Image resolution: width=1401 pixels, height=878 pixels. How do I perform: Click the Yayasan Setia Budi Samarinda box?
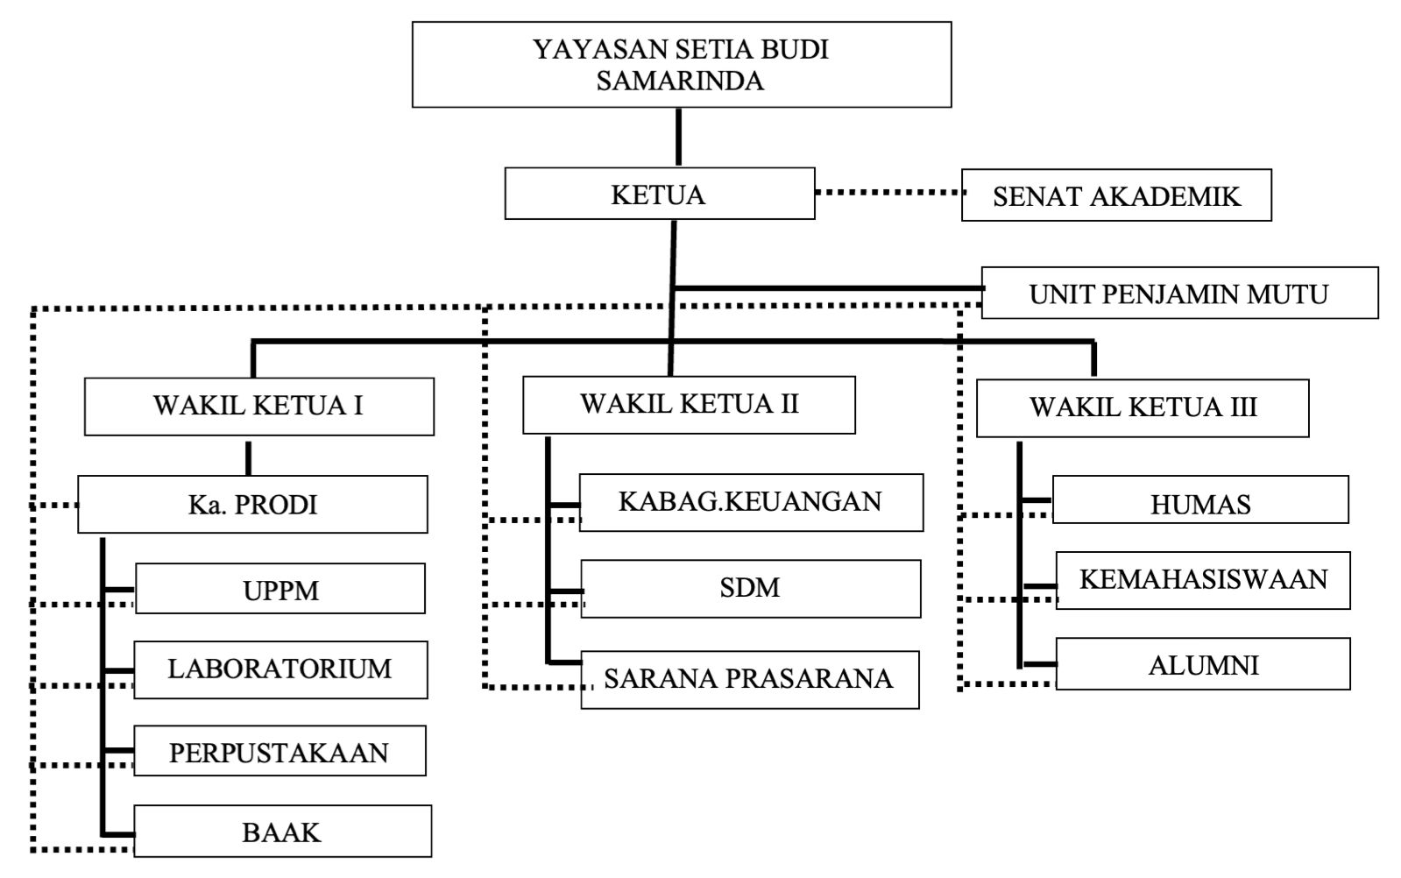click(x=681, y=65)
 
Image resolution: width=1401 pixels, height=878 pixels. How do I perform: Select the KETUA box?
click(x=659, y=194)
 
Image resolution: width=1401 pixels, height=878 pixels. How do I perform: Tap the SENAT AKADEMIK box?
click(x=1115, y=195)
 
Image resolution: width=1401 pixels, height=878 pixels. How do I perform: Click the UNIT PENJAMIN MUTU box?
click(x=1178, y=293)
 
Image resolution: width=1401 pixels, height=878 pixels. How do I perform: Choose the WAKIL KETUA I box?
click(x=258, y=407)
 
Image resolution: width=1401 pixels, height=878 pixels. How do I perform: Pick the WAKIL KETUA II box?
click(x=689, y=405)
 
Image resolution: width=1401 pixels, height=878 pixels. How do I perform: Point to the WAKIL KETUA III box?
click(x=1142, y=408)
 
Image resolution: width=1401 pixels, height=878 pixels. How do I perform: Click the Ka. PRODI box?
click(x=252, y=505)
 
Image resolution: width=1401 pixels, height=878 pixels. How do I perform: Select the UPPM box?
click(x=280, y=589)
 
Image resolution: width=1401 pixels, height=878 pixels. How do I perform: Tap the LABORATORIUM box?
click(x=280, y=669)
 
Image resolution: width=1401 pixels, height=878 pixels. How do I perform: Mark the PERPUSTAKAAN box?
click(x=279, y=751)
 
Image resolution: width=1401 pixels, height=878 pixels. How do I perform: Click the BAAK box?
click(x=282, y=831)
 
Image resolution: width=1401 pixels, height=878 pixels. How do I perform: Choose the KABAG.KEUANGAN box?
click(x=751, y=502)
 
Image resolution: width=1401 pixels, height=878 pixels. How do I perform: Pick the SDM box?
click(x=750, y=588)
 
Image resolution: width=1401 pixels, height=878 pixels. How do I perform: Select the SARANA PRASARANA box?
click(x=749, y=679)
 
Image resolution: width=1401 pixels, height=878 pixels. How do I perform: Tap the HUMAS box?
click(x=1199, y=500)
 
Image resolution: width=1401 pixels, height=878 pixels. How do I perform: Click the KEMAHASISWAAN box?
click(x=1202, y=580)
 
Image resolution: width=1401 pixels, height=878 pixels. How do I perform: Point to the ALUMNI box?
click(x=1202, y=664)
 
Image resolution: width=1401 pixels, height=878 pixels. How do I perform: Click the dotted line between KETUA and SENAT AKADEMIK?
click(x=888, y=192)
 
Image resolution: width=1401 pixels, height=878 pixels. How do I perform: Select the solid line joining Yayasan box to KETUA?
click(x=678, y=138)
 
